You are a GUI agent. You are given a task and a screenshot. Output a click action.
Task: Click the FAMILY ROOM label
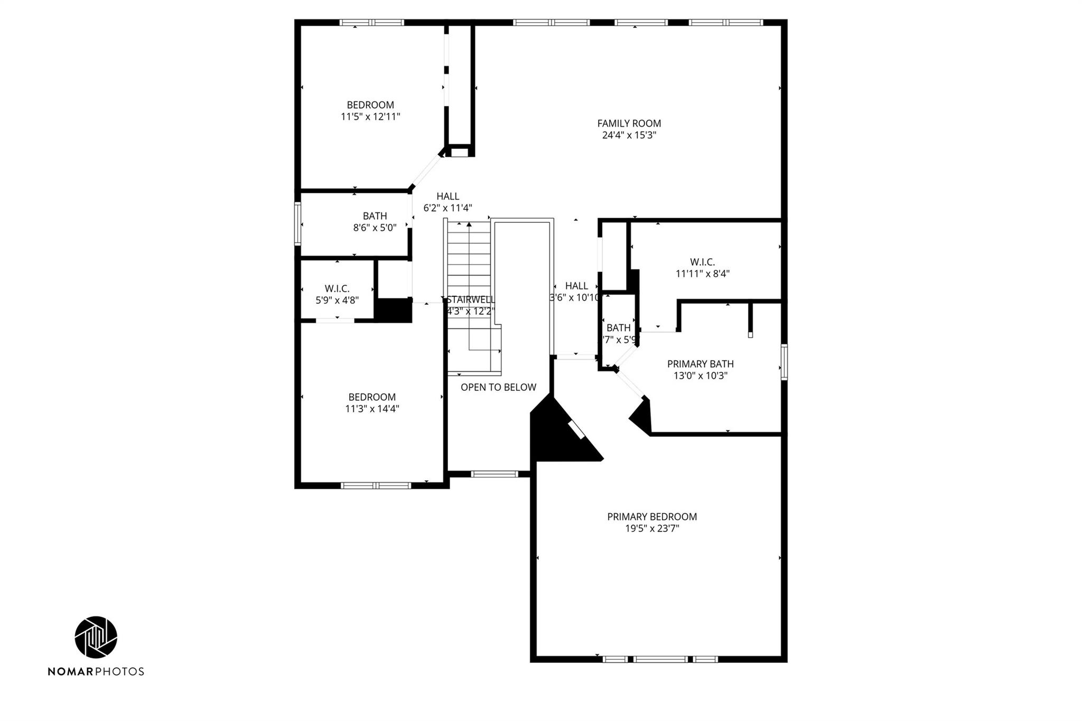coord(629,123)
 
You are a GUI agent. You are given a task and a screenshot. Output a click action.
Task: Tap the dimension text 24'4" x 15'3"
coord(629,135)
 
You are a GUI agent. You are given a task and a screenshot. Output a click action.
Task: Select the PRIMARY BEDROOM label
coord(651,517)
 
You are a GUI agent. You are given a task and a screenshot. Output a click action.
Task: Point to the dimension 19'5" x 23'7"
coord(651,529)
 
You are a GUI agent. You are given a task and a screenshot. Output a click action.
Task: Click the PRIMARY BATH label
coord(700,364)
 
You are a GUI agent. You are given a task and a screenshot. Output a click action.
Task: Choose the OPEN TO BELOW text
coord(498,387)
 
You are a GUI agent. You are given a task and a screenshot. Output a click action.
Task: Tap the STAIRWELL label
coord(471,299)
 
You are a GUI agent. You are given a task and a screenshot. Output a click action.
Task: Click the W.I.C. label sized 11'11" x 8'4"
coord(702,262)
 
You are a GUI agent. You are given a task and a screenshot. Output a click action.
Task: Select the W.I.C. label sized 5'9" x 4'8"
coord(337,288)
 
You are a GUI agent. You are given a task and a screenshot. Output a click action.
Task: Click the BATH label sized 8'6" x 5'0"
coord(375,216)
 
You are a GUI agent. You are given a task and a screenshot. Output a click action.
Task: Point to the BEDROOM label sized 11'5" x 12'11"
coord(370,105)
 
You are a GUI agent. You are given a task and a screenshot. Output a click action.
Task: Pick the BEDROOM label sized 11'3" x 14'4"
coord(372,397)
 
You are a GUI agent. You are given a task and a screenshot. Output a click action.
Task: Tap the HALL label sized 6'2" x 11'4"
coord(447,196)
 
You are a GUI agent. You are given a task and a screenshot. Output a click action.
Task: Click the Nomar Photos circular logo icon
coord(96,637)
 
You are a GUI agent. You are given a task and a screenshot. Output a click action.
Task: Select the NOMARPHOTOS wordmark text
coord(96,671)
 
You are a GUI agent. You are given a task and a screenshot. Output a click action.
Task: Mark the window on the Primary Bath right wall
coord(784,362)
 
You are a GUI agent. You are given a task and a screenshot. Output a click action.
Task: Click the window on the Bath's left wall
coord(298,224)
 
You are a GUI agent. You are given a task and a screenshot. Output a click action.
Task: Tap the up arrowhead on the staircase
coord(469,224)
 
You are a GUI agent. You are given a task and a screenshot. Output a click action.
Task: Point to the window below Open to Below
coord(495,474)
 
